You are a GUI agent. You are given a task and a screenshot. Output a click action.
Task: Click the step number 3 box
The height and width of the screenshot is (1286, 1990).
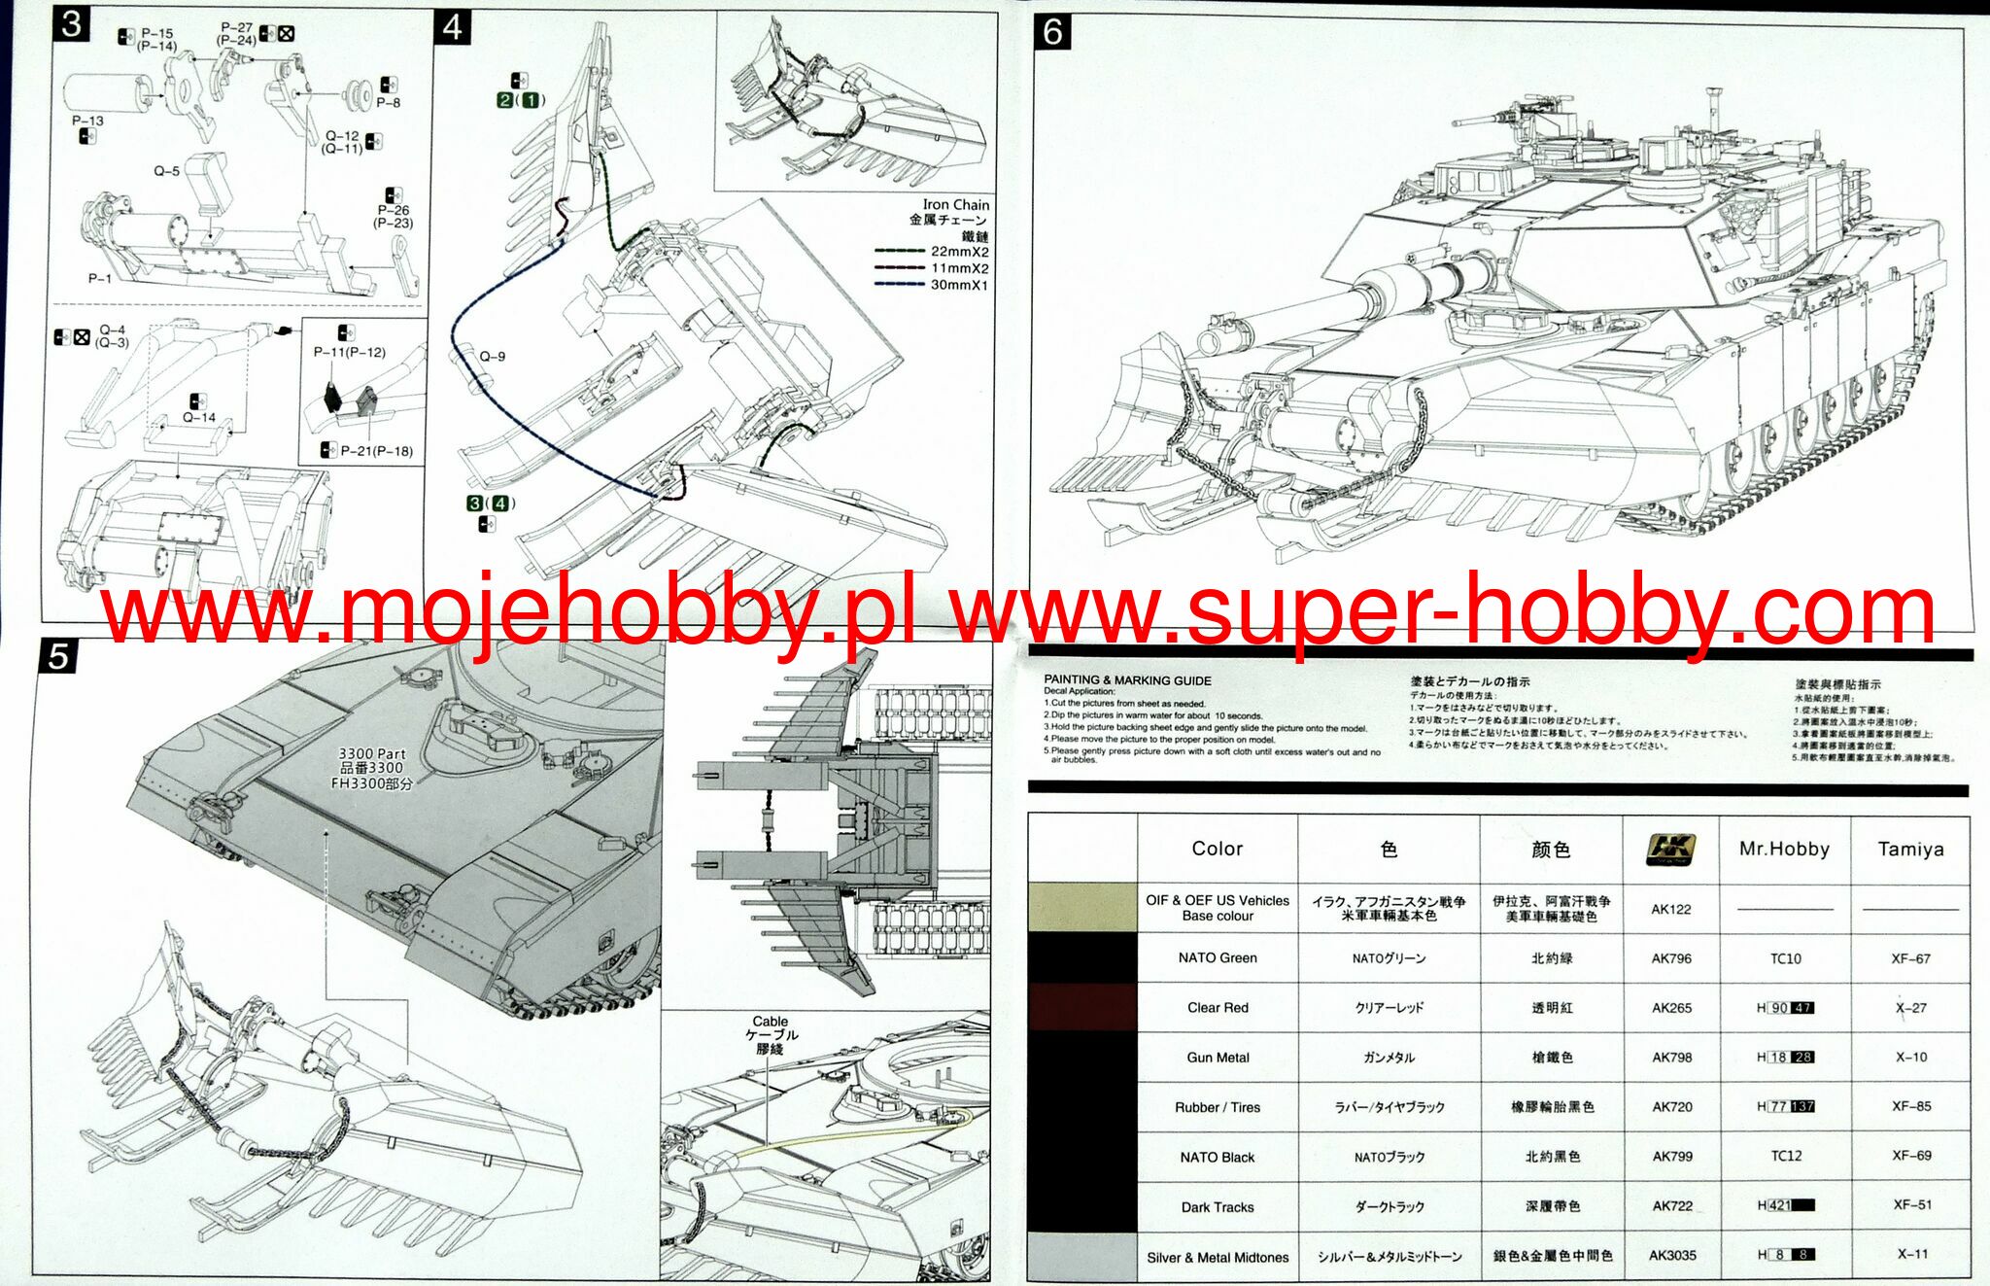[71, 24]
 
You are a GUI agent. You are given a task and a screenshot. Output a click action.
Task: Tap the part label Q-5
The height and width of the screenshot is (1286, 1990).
[166, 171]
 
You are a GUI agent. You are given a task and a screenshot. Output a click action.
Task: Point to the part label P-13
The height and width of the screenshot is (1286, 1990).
[87, 121]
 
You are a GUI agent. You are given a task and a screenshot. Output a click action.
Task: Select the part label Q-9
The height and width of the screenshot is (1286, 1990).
[493, 357]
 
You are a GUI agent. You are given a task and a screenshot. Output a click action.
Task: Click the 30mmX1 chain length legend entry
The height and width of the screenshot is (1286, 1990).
[959, 285]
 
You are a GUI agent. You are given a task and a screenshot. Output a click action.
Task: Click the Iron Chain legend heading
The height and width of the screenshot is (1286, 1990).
[955, 205]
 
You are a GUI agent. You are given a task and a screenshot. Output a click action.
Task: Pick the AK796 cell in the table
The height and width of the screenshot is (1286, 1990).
[1671, 958]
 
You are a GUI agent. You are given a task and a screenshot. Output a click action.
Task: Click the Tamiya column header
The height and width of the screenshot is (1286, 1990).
[1910, 849]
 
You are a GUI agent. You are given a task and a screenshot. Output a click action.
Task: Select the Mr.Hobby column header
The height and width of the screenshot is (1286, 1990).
[1784, 849]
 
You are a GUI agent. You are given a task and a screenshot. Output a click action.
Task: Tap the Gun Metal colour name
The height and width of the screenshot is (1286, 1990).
[1218, 1058]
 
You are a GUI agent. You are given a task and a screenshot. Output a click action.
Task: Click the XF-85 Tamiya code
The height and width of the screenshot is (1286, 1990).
[1911, 1106]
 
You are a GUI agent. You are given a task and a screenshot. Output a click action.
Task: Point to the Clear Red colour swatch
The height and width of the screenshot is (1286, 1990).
[1082, 1007]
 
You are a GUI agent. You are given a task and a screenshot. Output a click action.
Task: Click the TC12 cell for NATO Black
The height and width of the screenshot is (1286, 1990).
[1786, 1156]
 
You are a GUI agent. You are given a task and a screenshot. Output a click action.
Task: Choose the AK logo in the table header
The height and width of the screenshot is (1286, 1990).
[1670, 850]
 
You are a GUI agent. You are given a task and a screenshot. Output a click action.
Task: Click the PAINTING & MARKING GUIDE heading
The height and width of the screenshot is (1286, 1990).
[1127, 680]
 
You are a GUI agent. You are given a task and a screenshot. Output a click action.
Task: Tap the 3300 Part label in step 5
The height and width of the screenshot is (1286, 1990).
[371, 753]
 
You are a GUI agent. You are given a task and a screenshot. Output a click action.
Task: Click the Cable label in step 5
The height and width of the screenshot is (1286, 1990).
[770, 1022]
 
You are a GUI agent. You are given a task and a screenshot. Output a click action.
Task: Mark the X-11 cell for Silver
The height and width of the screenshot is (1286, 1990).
[1911, 1254]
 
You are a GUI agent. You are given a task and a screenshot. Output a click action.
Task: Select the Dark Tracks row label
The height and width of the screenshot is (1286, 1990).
[1218, 1207]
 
